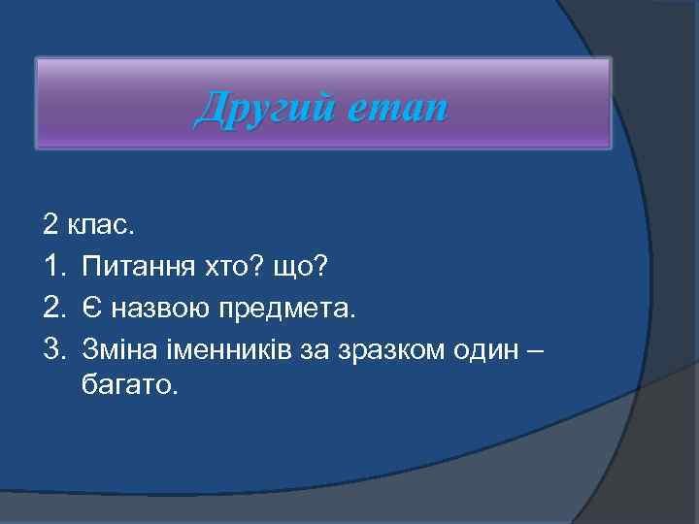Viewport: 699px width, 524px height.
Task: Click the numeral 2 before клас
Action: (x=50, y=226)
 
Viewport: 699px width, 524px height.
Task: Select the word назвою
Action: (x=157, y=309)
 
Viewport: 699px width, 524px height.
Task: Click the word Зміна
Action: (x=119, y=347)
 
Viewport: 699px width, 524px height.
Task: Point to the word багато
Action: (x=131, y=386)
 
